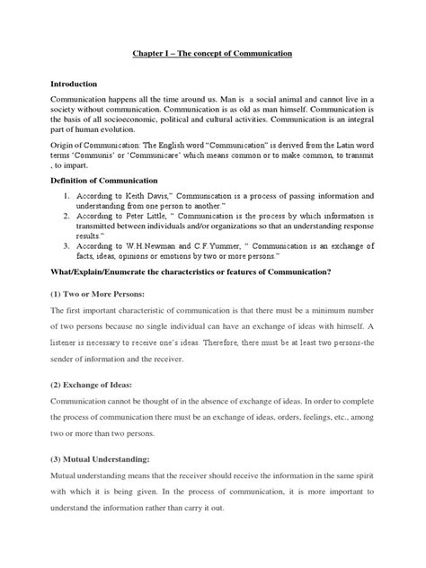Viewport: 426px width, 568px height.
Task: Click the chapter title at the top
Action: click(x=212, y=54)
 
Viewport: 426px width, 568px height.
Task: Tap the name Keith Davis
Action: click(x=144, y=195)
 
